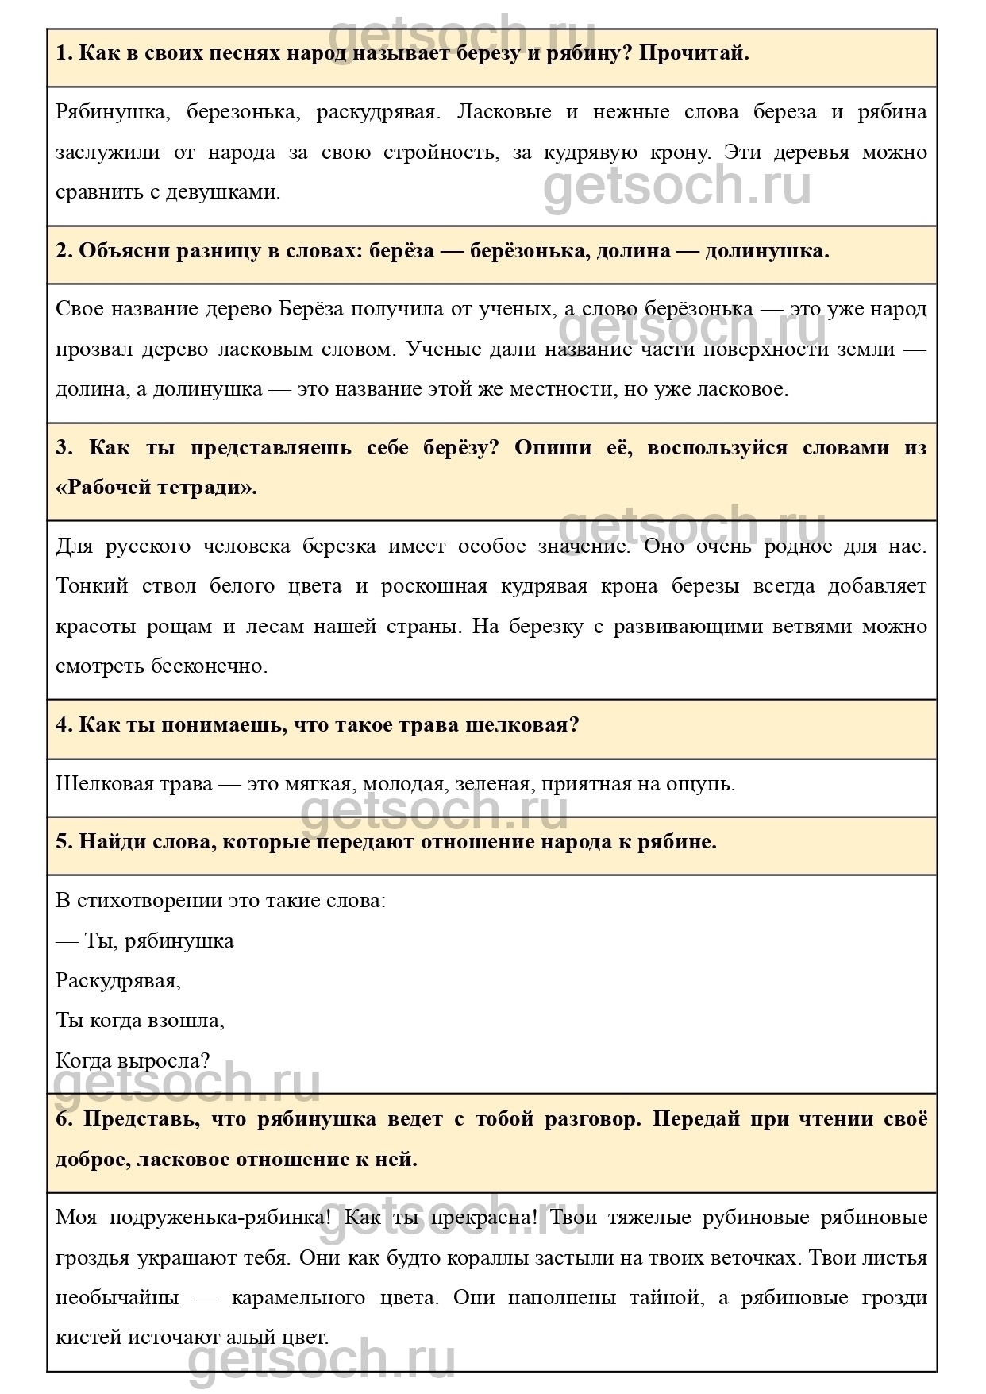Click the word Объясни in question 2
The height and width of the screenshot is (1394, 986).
pos(121,251)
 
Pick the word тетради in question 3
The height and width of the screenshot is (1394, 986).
pos(210,488)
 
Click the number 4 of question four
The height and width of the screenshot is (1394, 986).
pos(64,725)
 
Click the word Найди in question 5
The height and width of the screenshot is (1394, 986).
pos(108,842)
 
